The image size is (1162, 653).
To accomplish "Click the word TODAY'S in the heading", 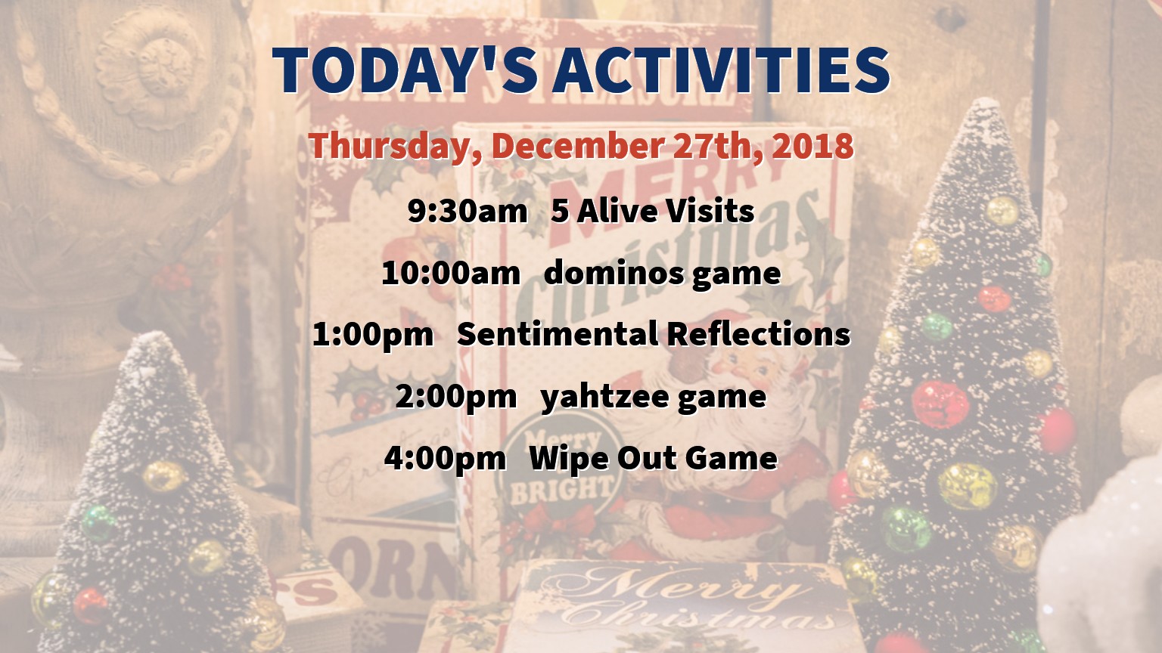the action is [405, 70].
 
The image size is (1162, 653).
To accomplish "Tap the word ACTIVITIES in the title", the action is [721, 70].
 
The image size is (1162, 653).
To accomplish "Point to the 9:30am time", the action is [467, 212].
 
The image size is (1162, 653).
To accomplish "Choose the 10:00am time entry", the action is [451, 273].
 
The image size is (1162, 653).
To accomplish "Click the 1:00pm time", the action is [372, 334].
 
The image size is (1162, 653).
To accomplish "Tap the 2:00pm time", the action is [456, 397].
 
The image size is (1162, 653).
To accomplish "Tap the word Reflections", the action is [759, 333].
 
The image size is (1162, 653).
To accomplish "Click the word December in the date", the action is [577, 146].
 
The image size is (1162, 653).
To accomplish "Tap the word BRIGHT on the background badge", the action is [561, 491].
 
